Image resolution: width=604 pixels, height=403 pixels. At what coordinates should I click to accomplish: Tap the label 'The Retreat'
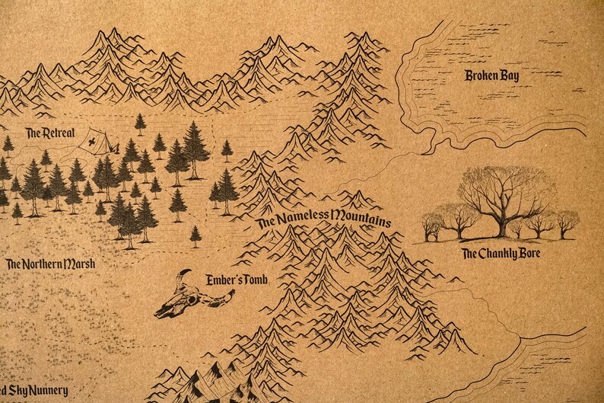50,133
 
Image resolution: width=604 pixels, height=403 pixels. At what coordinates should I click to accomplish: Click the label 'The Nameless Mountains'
324,219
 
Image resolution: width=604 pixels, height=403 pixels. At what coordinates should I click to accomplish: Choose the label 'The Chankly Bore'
501,253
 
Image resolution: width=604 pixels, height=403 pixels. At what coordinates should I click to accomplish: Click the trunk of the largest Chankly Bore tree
501,225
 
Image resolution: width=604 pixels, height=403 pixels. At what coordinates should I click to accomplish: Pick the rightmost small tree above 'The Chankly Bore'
566,224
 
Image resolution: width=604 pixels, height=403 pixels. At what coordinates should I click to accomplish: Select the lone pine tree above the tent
140,123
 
